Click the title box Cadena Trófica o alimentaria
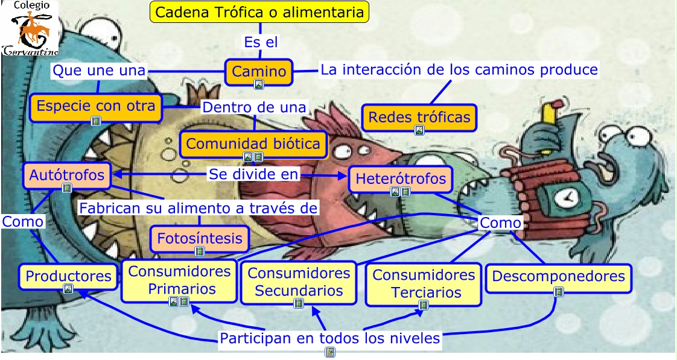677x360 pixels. tap(259, 12)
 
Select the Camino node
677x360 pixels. tap(259, 72)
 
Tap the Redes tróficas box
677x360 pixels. tap(419, 117)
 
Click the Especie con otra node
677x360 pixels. tap(96, 106)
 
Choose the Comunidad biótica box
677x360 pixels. tap(253, 144)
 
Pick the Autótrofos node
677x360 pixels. tap(67, 176)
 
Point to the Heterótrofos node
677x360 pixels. tap(401, 179)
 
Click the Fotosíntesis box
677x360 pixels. tap(200, 238)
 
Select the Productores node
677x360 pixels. tap(68, 276)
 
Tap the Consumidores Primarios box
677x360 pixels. tap(179, 280)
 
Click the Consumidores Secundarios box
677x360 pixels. tap(298, 282)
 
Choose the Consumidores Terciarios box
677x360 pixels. tap(423, 283)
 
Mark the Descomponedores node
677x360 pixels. tap(558, 277)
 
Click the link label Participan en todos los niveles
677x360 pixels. tap(329, 338)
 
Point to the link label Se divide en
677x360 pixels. tap(253, 174)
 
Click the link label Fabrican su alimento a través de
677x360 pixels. tap(199, 208)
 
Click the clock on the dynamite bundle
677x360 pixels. tap(565, 197)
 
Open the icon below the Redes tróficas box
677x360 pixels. tap(419, 130)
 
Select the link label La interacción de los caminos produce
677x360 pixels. tap(459, 69)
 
